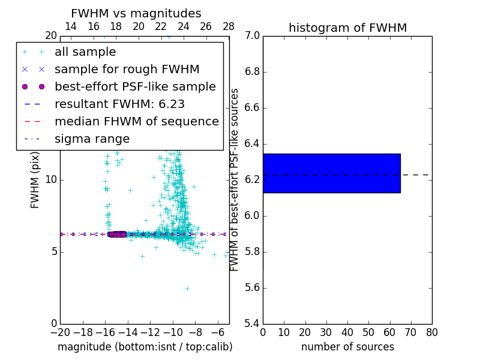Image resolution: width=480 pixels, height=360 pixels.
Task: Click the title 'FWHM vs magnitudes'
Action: click(x=136, y=13)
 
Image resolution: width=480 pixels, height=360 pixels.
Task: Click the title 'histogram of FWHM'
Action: click(x=347, y=28)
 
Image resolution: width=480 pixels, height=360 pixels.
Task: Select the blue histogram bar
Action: click(x=331, y=173)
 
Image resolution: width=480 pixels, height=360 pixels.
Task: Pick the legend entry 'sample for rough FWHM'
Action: click(x=127, y=70)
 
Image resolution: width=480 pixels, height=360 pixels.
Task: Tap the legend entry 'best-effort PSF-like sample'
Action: click(x=135, y=87)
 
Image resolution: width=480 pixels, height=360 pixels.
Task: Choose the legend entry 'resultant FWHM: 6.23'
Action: click(x=119, y=104)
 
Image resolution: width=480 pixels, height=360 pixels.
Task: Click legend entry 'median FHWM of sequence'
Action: click(x=136, y=122)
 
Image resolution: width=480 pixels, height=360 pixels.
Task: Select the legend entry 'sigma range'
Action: click(x=92, y=139)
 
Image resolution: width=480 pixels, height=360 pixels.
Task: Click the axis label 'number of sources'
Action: click(x=347, y=347)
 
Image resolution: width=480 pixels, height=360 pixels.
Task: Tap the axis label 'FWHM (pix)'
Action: click(x=35, y=179)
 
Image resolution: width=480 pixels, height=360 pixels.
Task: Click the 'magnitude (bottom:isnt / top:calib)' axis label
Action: click(x=145, y=347)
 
